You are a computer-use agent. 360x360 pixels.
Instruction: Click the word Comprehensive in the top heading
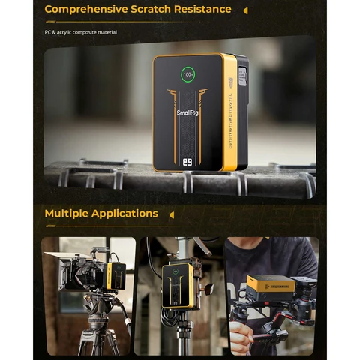coord(89,10)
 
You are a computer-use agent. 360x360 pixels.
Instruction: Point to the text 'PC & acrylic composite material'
coord(80,32)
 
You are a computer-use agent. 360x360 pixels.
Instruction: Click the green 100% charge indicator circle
coord(188,76)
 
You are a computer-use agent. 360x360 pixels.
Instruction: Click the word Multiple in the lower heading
coord(66,214)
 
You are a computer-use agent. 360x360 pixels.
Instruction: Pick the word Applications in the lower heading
coord(124,214)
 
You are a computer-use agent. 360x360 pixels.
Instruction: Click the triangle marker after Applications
coord(172,214)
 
